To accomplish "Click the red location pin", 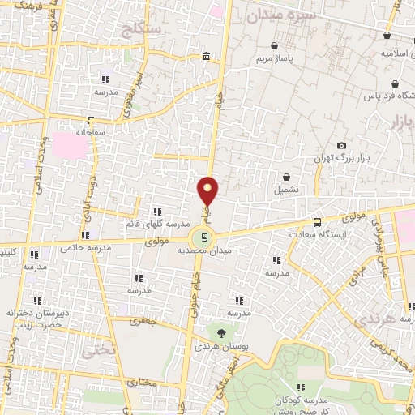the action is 208,191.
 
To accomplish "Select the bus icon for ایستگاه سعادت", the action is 316,221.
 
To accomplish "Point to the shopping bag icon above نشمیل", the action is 287,177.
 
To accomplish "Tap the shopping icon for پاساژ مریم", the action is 278,46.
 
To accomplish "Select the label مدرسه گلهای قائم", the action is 157,223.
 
